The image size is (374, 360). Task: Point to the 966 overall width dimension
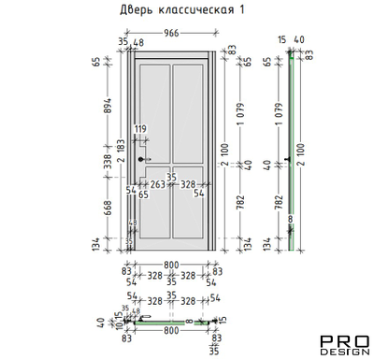[172, 33]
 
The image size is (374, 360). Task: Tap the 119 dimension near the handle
[141, 129]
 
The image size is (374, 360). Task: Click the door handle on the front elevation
[143, 161]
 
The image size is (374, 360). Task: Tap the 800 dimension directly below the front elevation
[172, 265]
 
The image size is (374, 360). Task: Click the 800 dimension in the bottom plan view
[171, 330]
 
